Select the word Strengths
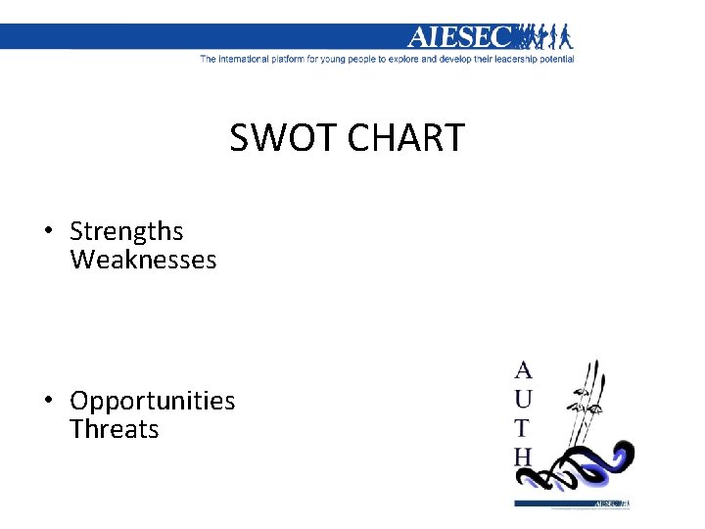pyautogui.click(x=126, y=231)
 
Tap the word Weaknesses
pyautogui.click(x=143, y=260)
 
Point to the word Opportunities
pyautogui.click(x=153, y=401)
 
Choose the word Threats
pyautogui.click(x=115, y=429)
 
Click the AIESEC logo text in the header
pyautogui.click(x=459, y=37)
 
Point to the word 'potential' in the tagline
pyautogui.click(x=554, y=59)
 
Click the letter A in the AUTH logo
pyautogui.click(x=524, y=370)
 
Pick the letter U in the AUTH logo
pyautogui.click(x=524, y=399)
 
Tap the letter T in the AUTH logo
pyautogui.click(x=523, y=428)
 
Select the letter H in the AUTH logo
pyautogui.click(x=524, y=457)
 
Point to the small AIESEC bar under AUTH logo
pyautogui.click(x=573, y=505)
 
